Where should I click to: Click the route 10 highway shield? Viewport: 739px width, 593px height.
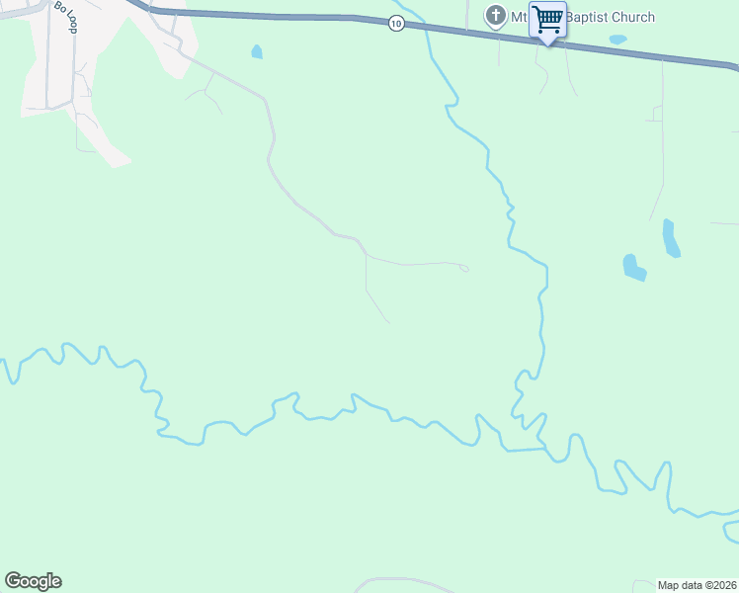395,24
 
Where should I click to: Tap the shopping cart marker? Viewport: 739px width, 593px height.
547,19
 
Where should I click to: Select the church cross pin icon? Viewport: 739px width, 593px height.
494,16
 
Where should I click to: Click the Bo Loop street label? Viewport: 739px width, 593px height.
65,18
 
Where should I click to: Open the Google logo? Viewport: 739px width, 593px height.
33,581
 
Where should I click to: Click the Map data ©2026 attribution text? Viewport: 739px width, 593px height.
697,585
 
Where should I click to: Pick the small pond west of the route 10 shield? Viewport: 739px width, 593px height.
257,51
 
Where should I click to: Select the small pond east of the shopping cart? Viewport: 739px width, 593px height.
617,40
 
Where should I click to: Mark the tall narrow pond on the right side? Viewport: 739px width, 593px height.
671,238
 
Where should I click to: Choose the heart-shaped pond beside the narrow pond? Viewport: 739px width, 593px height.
633,267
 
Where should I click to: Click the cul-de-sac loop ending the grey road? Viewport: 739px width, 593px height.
463,267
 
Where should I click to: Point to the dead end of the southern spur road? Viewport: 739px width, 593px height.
389,322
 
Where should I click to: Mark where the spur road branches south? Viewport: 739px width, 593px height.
367,254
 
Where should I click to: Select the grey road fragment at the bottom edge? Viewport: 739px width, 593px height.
395,583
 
